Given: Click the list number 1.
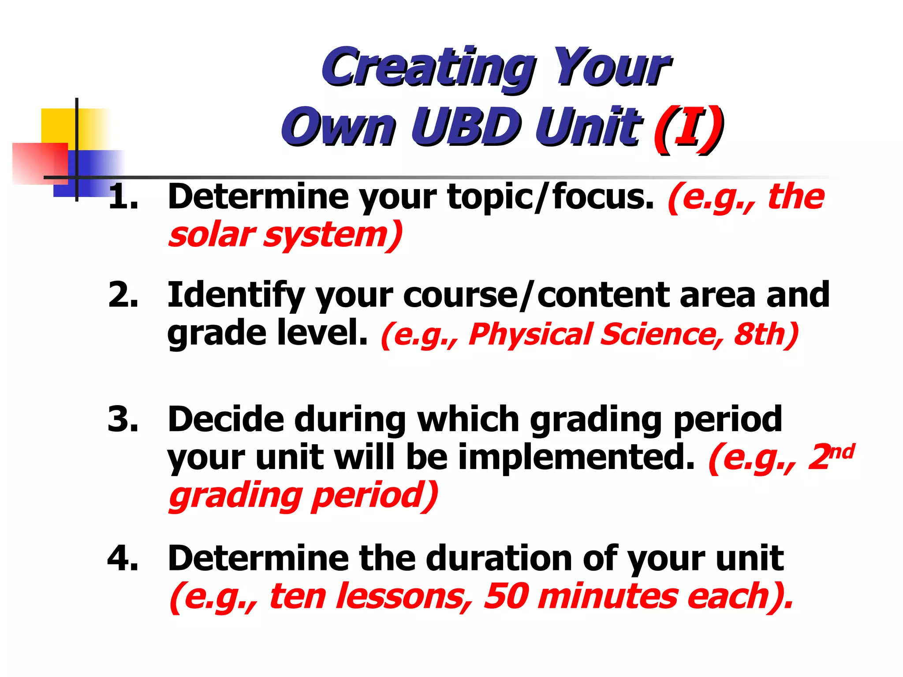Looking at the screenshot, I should (123, 197).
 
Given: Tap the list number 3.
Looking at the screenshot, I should (123, 419).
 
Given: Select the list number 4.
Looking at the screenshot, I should (123, 558).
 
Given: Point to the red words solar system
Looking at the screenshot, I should (284, 235).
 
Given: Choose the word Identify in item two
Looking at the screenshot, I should (236, 295).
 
